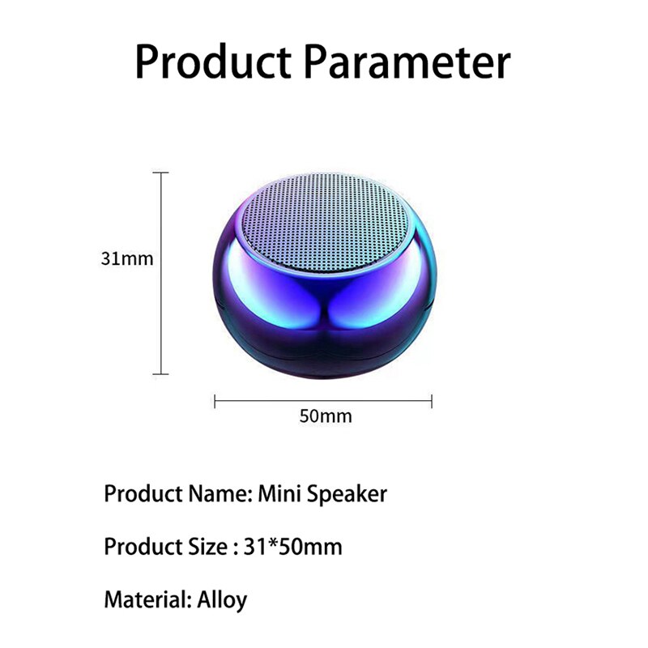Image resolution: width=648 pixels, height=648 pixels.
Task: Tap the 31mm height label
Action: (127, 259)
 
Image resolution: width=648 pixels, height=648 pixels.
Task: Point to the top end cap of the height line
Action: (161, 172)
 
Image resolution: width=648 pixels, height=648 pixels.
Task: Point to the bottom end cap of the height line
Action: (161, 373)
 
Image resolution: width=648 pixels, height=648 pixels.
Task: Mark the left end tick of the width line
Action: (215, 400)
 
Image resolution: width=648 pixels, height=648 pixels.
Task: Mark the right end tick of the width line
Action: (432, 400)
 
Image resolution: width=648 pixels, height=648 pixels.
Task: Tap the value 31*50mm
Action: (292, 547)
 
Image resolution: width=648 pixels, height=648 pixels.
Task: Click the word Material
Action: (147, 600)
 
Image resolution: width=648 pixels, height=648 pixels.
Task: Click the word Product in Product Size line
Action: (139, 547)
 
